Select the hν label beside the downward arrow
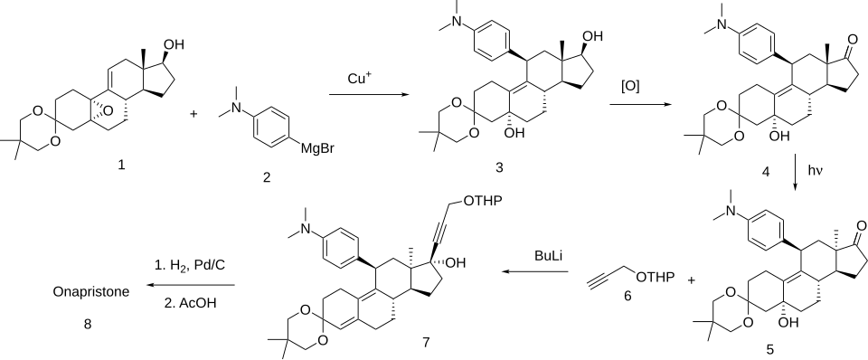pyautogui.click(x=816, y=172)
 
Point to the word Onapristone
pyautogui.click(x=91, y=291)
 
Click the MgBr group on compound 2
pyautogui.click(x=316, y=148)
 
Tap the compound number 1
pyautogui.click(x=121, y=165)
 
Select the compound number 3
pyautogui.click(x=500, y=166)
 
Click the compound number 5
pyautogui.click(x=771, y=349)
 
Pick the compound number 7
pyautogui.click(x=426, y=342)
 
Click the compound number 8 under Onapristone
pyautogui.click(x=88, y=325)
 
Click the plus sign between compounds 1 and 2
pyautogui.click(x=193, y=114)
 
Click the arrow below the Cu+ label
pyautogui.click(x=366, y=95)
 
